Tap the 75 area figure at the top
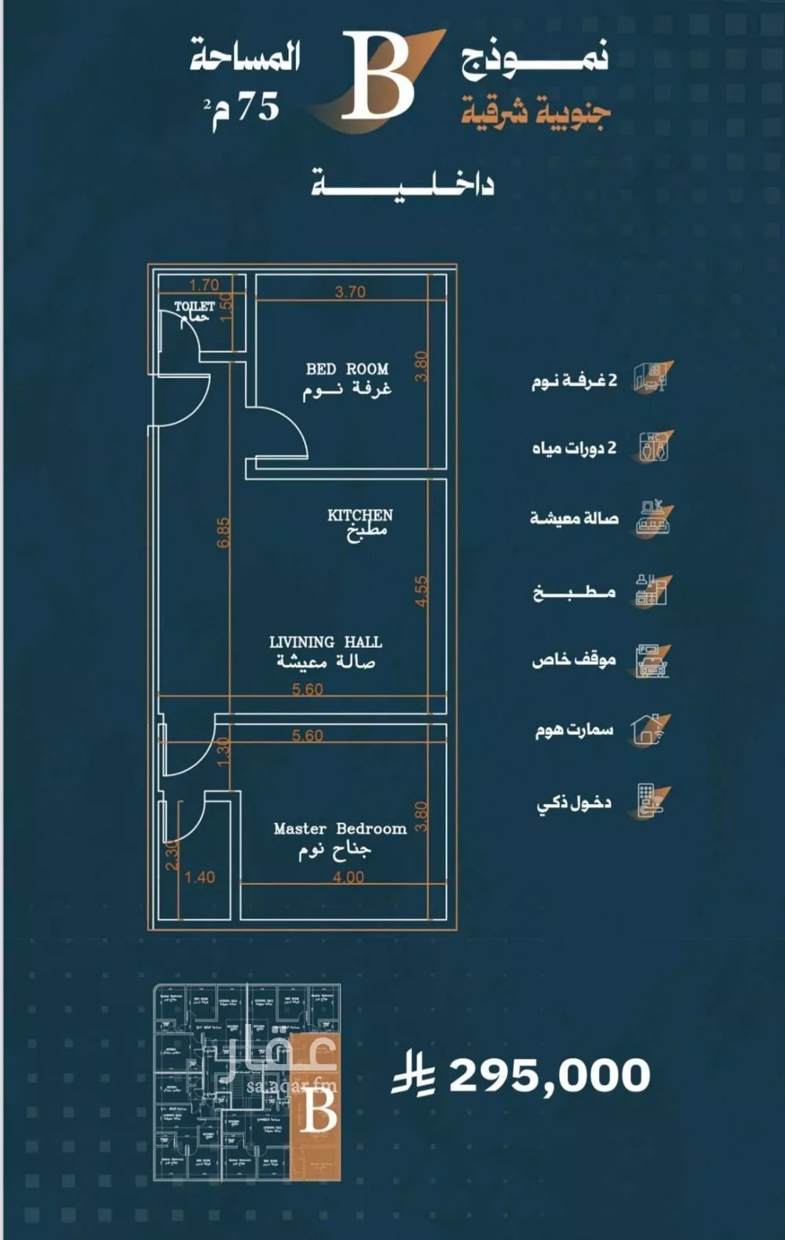[x=257, y=105]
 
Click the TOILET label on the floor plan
[x=194, y=306]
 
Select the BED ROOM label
[x=347, y=368]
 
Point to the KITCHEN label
[x=360, y=515]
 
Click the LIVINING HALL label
[x=325, y=642]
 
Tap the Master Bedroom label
[x=339, y=828]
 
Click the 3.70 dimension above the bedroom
[x=350, y=292]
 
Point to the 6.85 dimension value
[x=224, y=532]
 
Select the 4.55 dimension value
[x=422, y=591]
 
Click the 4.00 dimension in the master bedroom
[x=348, y=877]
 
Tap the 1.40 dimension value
[x=199, y=877]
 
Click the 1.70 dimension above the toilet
[x=204, y=285]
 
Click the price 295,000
[x=549, y=1075]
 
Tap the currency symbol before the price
[x=414, y=1075]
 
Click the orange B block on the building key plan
[x=316, y=1107]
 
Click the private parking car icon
[x=652, y=660]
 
